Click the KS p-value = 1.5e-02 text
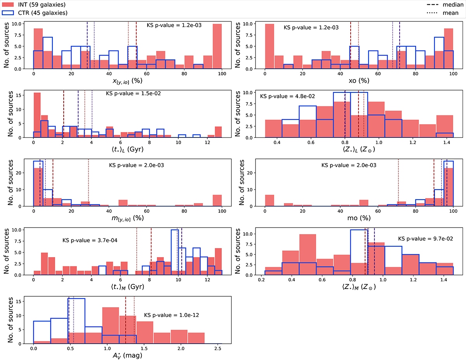[133, 94]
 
